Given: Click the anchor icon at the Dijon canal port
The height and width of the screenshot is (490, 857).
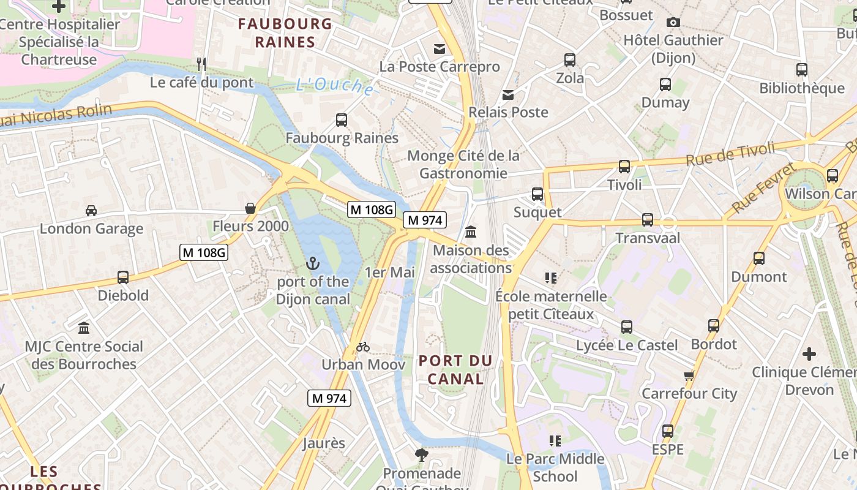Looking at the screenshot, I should [313, 263].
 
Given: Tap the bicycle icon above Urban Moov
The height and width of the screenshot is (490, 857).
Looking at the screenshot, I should [363, 347].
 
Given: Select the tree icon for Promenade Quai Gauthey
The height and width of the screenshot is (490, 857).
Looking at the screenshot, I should [421, 454].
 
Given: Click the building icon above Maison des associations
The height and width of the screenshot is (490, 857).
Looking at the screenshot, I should [471, 232].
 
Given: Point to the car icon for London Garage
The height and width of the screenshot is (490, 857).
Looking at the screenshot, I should [91, 210].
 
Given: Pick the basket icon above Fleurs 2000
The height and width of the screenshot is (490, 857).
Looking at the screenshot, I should [250, 208].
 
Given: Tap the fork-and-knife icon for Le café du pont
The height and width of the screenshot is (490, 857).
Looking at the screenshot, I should [201, 64].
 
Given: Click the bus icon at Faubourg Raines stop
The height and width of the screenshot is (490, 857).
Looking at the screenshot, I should [342, 120].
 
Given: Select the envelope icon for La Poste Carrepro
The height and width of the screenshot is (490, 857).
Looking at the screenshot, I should [440, 48].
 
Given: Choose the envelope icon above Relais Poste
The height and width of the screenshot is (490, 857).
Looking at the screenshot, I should [508, 94].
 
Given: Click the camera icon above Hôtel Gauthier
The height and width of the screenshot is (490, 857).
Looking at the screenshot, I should [673, 22].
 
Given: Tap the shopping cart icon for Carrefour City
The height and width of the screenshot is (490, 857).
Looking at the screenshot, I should [689, 375].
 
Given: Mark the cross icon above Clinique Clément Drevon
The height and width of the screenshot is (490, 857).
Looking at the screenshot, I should [809, 353].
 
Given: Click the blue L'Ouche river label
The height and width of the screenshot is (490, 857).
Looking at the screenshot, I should [334, 86].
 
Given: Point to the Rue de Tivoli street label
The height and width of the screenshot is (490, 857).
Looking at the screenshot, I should [730, 153].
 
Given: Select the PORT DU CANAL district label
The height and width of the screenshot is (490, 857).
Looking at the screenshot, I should [455, 369].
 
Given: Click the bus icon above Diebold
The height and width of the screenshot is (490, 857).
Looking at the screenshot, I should [123, 277].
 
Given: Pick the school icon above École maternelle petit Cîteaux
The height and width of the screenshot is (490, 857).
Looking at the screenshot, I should [551, 278].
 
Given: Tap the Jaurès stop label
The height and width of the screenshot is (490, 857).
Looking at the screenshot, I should [324, 443].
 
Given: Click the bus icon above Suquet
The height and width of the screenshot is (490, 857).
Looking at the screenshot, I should [537, 194].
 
